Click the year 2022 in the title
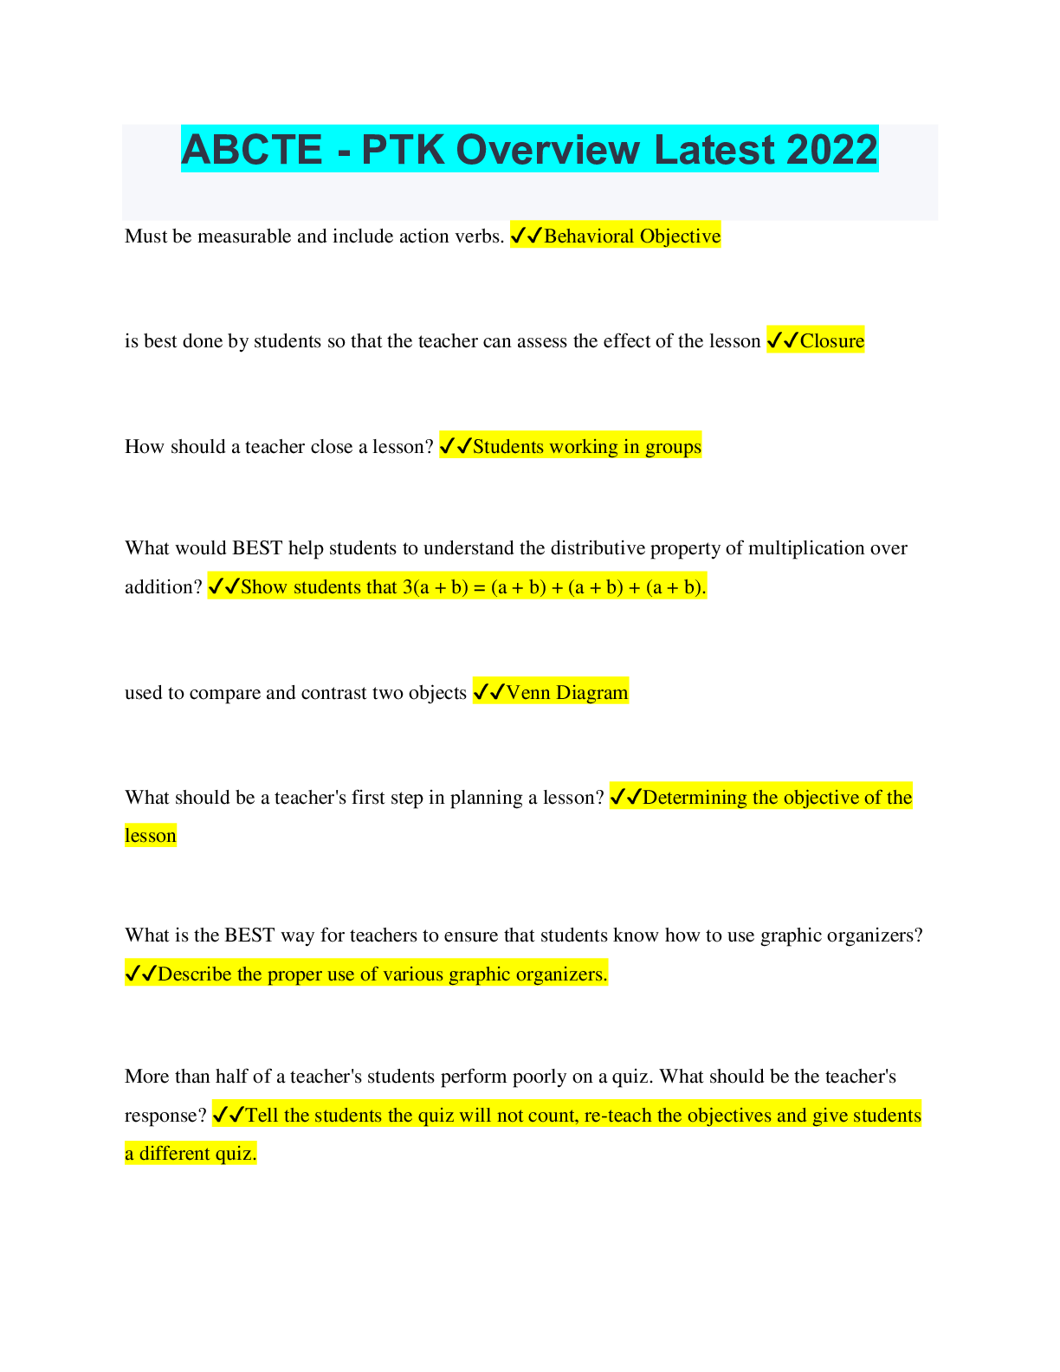(831, 149)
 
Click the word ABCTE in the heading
(252, 149)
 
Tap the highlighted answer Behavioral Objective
(632, 236)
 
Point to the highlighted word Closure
(832, 341)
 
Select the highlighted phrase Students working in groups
(587, 447)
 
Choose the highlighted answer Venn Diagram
(567, 693)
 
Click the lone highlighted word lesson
(151, 836)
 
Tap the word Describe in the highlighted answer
(195, 974)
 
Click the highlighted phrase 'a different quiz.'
(191, 1154)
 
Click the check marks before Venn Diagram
(489, 693)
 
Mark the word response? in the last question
(165, 1116)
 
